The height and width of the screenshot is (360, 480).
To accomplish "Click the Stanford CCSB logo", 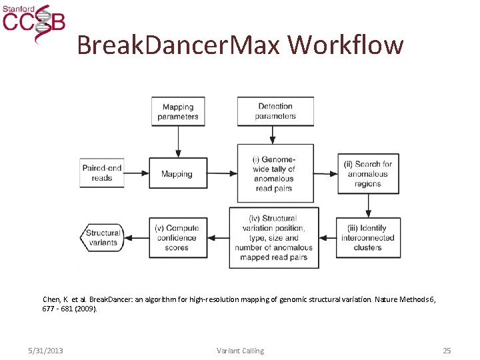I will pos(34,22).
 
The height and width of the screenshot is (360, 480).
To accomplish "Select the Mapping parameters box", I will pos(178,111).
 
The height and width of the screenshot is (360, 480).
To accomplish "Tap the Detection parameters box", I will pos(275,111).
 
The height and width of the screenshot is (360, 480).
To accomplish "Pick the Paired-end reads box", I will pos(102,173).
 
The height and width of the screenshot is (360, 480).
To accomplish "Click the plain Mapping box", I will pos(177,174).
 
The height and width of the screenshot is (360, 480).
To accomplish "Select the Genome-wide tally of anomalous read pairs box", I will pos(273,173).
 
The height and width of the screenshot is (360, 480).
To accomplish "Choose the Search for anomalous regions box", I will pos(368,173).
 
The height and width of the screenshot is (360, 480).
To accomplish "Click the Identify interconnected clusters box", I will pos(368,237).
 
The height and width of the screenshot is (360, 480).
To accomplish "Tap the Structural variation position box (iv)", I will pos(273,237).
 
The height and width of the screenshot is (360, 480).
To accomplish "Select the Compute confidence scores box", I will pos(177,237).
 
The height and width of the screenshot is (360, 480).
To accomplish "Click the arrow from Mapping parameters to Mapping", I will pos(178,141).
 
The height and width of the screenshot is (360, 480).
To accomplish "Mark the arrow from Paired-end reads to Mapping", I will pos(136,174).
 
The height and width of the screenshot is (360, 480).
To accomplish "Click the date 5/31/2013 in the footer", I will pos(46,351).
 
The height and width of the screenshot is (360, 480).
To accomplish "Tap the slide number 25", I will pos(447,351).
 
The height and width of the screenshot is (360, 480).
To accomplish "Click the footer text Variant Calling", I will pos(240,351).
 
